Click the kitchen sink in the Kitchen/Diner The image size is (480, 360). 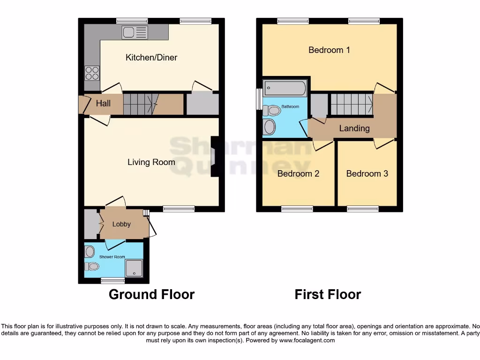pyautogui.click(x=135, y=32)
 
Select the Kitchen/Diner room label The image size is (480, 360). pyautogui.click(x=151, y=58)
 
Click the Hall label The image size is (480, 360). pyautogui.click(x=103, y=103)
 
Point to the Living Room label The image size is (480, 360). pyautogui.click(x=151, y=162)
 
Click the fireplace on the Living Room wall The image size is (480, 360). pyautogui.click(x=215, y=157)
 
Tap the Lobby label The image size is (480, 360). pyautogui.click(x=121, y=224)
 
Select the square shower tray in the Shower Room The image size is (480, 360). pyautogui.click(x=134, y=267)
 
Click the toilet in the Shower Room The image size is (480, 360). pyautogui.click(x=92, y=267)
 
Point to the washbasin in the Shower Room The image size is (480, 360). pyautogui.click(x=90, y=252)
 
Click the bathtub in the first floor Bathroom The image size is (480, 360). pyautogui.click(x=285, y=88)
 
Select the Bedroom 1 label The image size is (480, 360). pyautogui.click(x=329, y=50)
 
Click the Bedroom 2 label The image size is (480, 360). pyautogui.click(x=298, y=174)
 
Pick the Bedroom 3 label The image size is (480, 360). pyautogui.click(x=367, y=174)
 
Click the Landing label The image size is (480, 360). pyautogui.click(x=354, y=128)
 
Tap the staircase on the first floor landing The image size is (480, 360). pyautogui.click(x=352, y=104)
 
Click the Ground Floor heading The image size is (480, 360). pyautogui.click(x=151, y=294)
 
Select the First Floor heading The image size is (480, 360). pyautogui.click(x=328, y=294)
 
